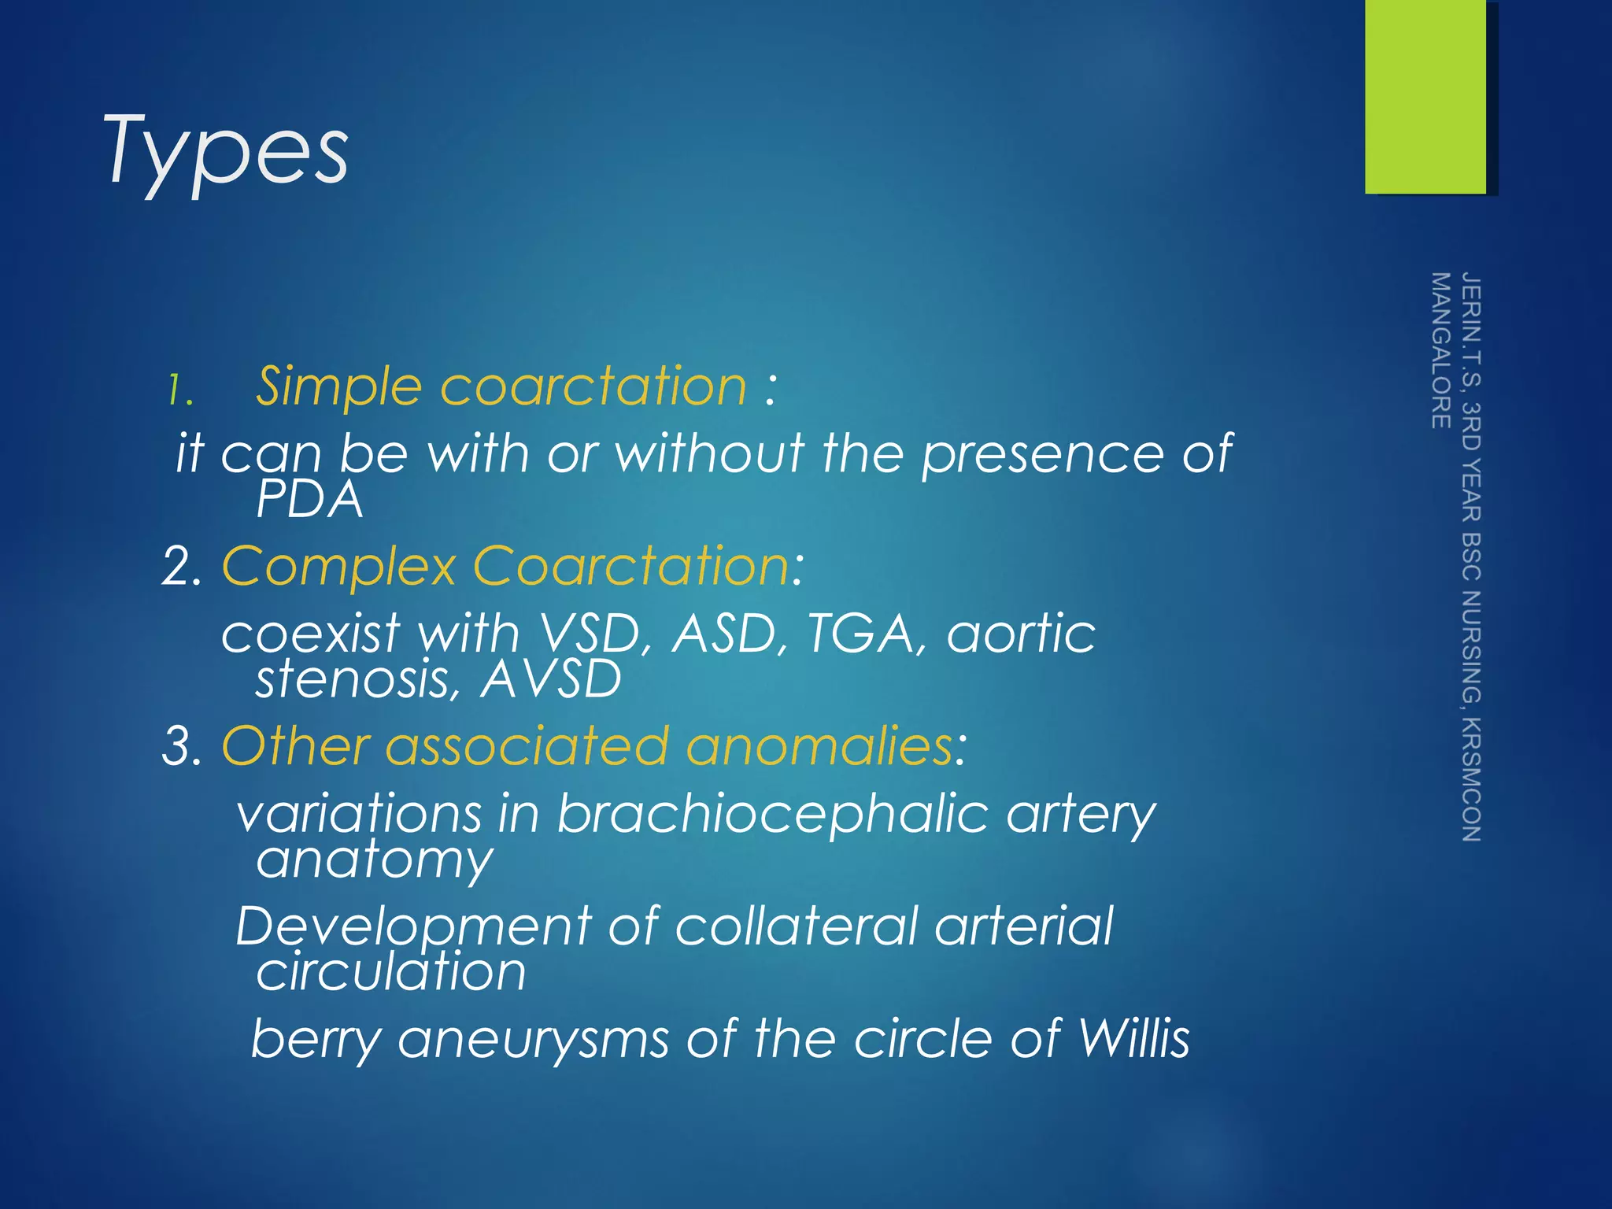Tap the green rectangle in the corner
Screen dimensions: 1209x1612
click(x=1425, y=96)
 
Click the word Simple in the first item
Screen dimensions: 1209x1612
click(x=339, y=386)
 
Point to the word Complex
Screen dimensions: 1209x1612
click(x=339, y=567)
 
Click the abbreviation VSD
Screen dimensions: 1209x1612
click(x=590, y=634)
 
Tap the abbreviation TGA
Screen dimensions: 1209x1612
click(x=861, y=634)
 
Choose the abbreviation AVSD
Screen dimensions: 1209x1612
click(x=551, y=679)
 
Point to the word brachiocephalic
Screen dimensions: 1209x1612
click(x=771, y=813)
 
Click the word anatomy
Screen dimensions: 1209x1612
click(x=375, y=860)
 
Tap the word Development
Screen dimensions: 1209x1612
click(x=413, y=927)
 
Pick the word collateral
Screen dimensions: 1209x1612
click(x=796, y=926)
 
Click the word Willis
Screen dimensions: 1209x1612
click(x=1133, y=1038)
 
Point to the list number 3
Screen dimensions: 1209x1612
click(x=180, y=746)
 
